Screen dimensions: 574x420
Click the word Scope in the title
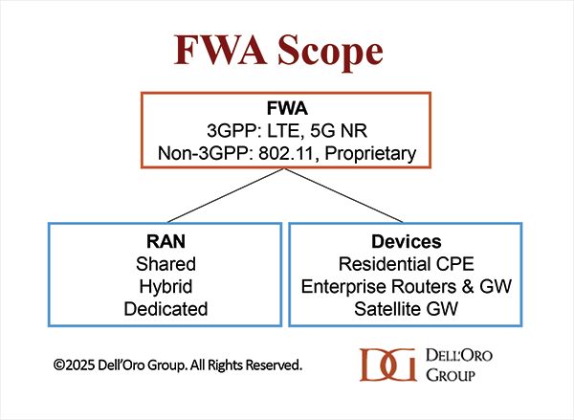(330, 51)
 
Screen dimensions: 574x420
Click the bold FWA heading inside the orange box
(287, 108)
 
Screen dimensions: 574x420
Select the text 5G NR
(339, 131)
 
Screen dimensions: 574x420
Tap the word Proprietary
(370, 154)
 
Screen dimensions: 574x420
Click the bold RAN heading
(166, 241)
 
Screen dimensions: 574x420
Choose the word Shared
(166, 264)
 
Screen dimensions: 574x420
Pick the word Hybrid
(166, 286)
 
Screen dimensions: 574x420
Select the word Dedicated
(166, 309)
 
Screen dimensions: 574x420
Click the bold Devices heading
(407, 241)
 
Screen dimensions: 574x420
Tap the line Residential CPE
(407, 264)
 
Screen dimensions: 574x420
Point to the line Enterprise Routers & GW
(407, 286)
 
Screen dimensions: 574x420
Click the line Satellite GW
(407, 309)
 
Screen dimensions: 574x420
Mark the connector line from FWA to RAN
(226, 195)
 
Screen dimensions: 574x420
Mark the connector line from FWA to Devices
(343, 195)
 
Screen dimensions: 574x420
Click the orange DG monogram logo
(388, 365)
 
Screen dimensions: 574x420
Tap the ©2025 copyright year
(75, 365)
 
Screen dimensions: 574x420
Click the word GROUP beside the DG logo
(451, 375)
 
